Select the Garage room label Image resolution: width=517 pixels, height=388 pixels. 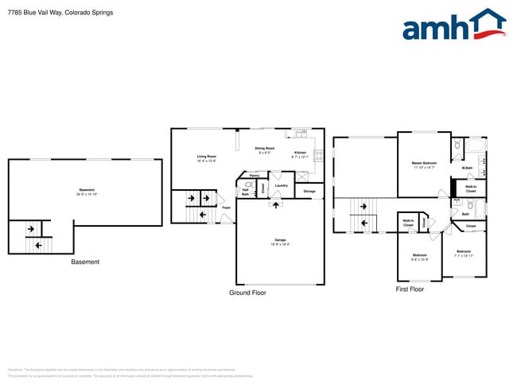280,240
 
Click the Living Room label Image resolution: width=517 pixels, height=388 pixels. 207,157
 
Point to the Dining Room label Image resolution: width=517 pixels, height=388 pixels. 264,149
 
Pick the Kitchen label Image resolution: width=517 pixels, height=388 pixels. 300,153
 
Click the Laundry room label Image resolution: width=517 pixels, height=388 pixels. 280,186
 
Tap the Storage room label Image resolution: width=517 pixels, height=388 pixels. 309,192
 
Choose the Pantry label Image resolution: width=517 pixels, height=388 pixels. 255,176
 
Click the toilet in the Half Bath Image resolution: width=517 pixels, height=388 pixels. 248,185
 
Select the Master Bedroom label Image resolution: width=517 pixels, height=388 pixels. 424,165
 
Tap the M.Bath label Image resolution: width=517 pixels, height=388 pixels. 468,168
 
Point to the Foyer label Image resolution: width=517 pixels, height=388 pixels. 226,208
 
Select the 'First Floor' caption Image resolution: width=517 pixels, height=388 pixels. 410,289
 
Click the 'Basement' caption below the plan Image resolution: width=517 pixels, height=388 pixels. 85,262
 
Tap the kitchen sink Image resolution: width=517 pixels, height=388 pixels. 301,134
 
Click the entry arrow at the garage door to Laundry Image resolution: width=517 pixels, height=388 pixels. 276,204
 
